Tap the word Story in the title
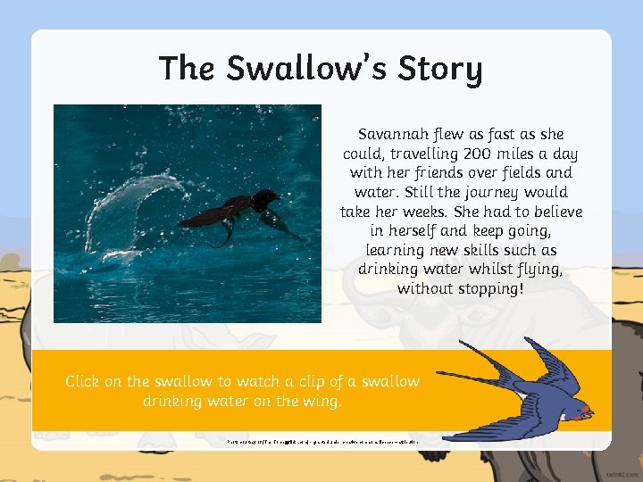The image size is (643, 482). [438, 69]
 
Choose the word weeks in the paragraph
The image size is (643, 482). [447, 212]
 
